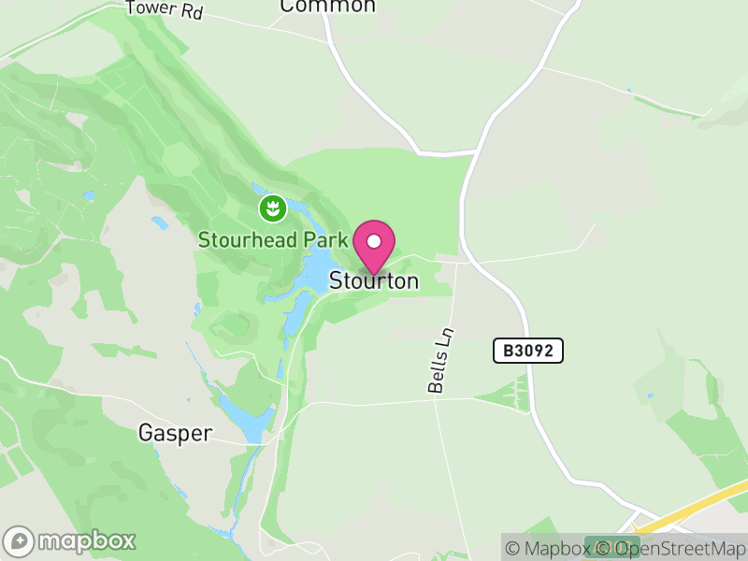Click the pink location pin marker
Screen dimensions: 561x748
pos(374,246)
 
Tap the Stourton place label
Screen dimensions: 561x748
pos(373,281)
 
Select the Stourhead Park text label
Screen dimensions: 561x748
pos(273,239)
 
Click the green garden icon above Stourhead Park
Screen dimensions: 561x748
pos(272,208)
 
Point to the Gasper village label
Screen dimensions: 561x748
pos(176,433)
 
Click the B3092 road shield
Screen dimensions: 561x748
pos(528,351)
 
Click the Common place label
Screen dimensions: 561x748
pos(328,7)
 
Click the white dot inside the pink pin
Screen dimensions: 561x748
pos(374,240)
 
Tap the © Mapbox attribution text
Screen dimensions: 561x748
pos(555,548)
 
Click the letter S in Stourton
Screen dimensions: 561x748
pos(335,281)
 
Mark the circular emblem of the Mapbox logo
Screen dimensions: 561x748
pos(20,540)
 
